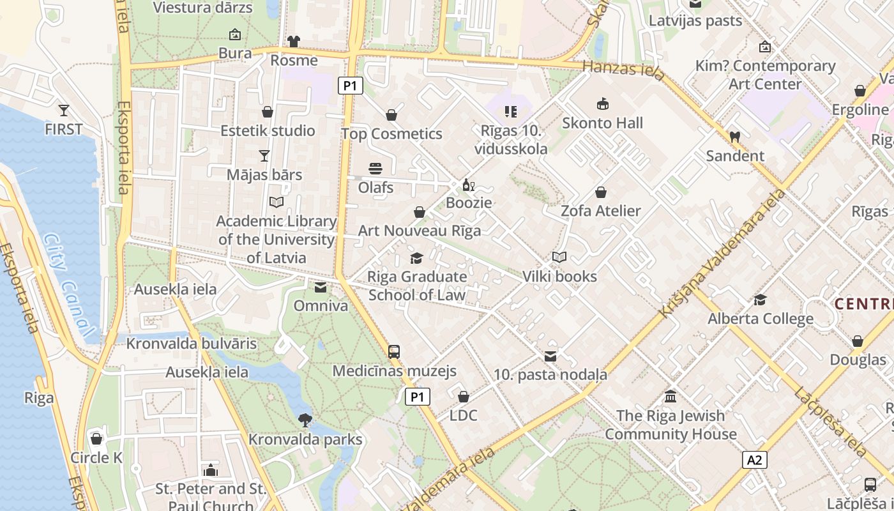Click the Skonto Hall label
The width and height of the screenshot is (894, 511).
point(602,123)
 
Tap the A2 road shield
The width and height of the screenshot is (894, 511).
point(755,460)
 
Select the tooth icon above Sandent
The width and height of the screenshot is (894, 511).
point(734,137)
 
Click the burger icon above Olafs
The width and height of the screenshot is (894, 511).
point(375,169)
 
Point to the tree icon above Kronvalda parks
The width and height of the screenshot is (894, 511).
point(305,420)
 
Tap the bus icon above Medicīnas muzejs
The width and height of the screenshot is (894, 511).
point(394,351)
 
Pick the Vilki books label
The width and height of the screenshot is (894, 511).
point(559,277)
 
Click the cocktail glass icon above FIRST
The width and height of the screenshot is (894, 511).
point(63,110)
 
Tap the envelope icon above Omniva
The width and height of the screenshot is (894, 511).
point(321,287)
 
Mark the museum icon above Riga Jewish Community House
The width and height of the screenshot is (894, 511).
point(670,397)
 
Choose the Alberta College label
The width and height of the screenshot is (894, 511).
point(760,319)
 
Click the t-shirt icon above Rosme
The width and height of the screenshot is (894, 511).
point(293,42)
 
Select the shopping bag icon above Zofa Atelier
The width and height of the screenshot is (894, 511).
point(600,192)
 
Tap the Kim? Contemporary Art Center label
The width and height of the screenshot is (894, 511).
point(765,75)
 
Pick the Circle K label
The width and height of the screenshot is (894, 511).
point(96,457)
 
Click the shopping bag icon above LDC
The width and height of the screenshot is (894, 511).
point(464,397)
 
